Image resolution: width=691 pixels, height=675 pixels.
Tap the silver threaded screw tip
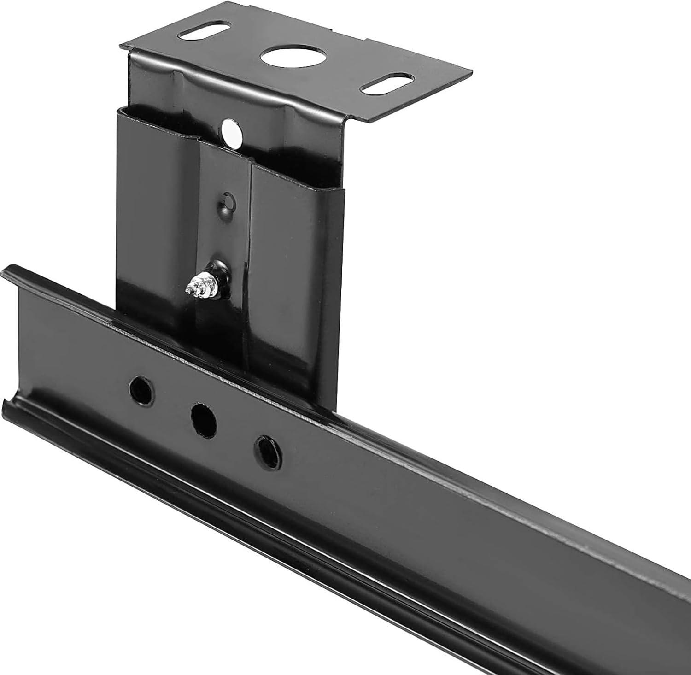coord(193,288)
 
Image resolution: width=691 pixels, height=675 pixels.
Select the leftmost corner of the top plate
coord(121,45)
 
